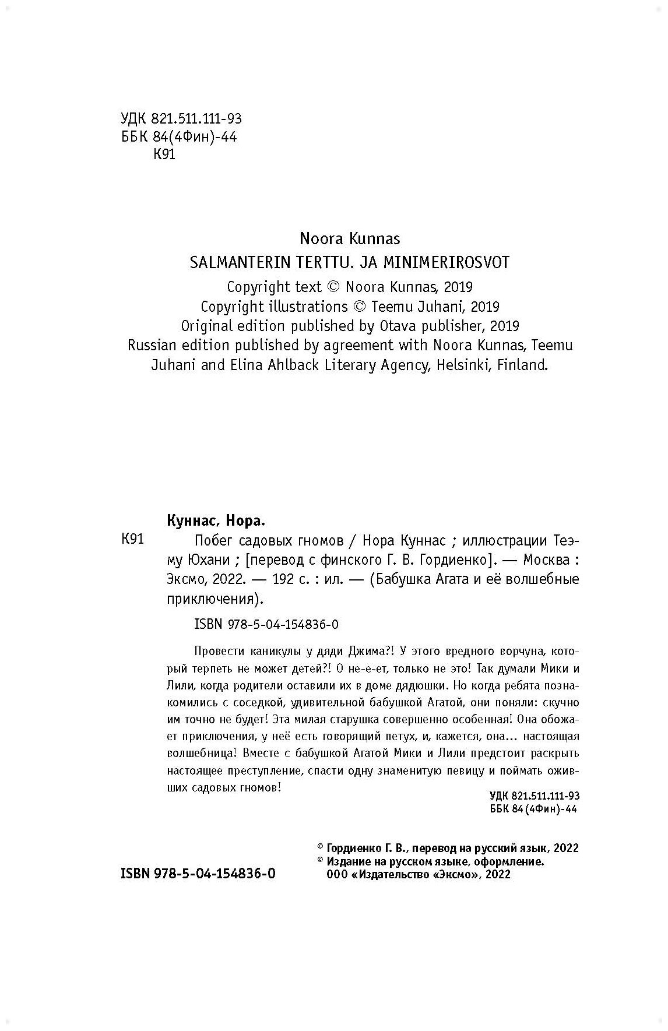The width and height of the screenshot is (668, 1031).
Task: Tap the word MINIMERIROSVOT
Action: coord(446,263)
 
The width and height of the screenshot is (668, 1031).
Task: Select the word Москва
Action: coord(545,560)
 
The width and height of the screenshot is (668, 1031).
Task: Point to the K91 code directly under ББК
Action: coord(164,155)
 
